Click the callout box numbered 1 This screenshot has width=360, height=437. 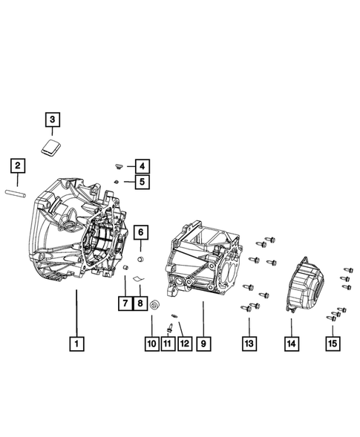(76, 344)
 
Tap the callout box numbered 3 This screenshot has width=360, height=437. (53, 119)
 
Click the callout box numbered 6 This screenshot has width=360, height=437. (141, 233)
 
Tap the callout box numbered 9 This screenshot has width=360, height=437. (202, 344)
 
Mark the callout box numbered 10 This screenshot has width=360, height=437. (152, 344)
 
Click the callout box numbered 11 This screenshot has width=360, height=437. (168, 344)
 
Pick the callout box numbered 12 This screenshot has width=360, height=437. (183, 344)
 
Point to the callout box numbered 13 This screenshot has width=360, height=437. (249, 344)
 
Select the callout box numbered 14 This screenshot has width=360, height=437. (292, 344)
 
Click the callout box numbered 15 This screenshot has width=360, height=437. (333, 344)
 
